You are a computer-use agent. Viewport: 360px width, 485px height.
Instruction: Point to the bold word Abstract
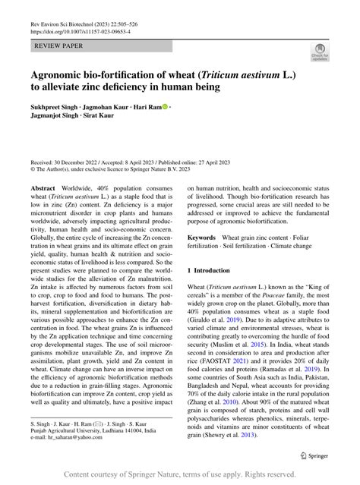(43, 187)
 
